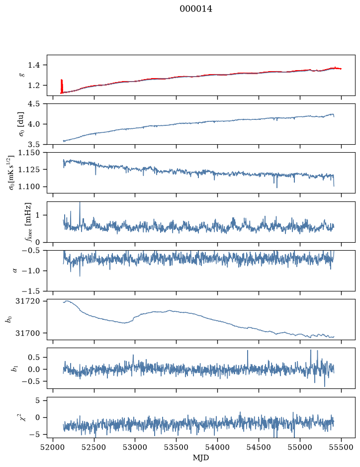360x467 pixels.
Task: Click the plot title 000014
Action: pyautogui.click(x=196, y=9)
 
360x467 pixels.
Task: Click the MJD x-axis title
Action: pyautogui.click(x=201, y=458)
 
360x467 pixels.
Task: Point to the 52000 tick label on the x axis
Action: pyautogui.click(x=53, y=447)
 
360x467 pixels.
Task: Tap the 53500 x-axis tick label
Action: pyautogui.click(x=177, y=447)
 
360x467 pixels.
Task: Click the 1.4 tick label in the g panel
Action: pyautogui.click(x=34, y=65)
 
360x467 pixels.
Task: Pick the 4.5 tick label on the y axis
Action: pyautogui.click(x=34, y=104)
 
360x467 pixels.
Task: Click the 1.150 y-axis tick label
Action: pyautogui.click(x=29, y=153)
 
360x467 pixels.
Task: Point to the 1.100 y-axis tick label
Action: pyautogui.click(x=29, y=187)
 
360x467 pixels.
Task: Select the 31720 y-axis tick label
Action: pyautogui.click(x=27, y=301)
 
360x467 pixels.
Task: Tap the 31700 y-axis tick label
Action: pyautogui.click(x=27, y=333)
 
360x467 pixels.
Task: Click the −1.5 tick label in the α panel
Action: pyautogui.click(x=31, y=291)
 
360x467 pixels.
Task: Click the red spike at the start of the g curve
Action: pyautogui.click(x=62, y=86)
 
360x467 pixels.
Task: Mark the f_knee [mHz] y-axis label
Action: pyautogui.click(x=28, y=222)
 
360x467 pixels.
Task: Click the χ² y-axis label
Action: pyautogui.click(x=22, y=417)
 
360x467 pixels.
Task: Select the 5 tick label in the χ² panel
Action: pyautogui.click(x=37, y=400)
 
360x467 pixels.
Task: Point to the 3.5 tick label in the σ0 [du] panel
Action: pyautogui.click(x=34, y=144)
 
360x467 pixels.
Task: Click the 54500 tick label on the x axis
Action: pyautogui.click(x=259, y=447)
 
